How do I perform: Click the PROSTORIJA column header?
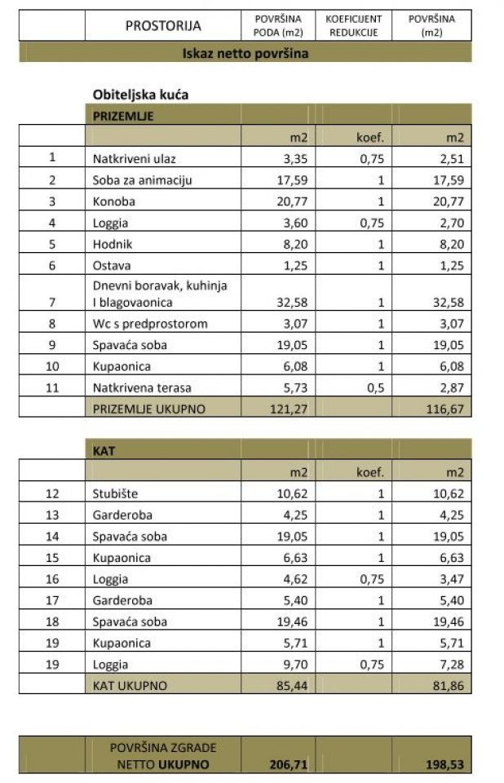pyautogui.click(x=163, y=25)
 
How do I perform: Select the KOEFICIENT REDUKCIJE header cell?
pyautogui.click(x=354, y=25)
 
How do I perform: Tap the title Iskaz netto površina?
pyautogui.click(x=245, y=54)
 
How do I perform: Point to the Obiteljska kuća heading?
pyautogui.click(x=140, y=95)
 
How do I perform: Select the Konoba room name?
pyautogui.click(x=114, y=201)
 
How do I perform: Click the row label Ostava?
pyautogui.click(x=112, y=265)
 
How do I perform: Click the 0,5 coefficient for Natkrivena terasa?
pyautogui.click(x=377, y=388)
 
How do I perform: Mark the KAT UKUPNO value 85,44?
pyautogui.click(x=290, y=686)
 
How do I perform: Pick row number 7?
pyautogui.click(x=52, y=303)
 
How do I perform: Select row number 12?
pyautogui.click(x=52, y=493)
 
